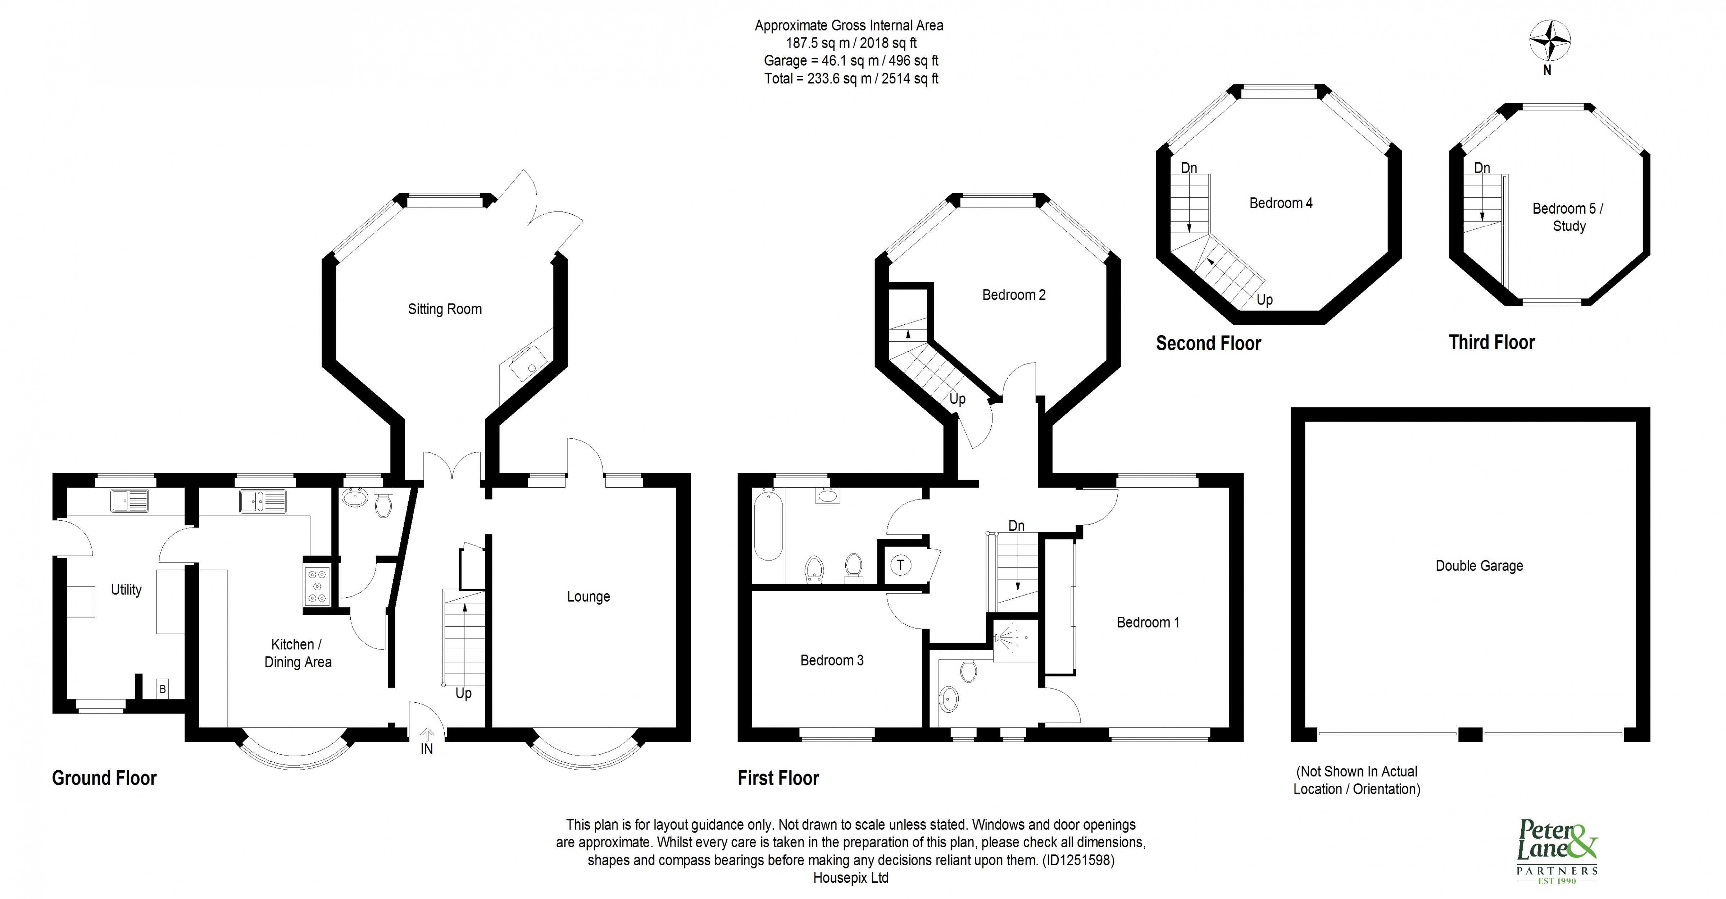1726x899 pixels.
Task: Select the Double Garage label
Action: click(1479, 566)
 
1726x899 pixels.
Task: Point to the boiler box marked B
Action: click(162, 689)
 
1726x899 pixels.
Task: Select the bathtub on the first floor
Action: click(768, 525)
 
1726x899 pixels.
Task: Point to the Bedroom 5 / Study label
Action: click(1568, 217)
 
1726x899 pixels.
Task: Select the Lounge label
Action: click(588, 597)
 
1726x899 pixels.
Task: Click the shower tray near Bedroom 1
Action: click(1014, 640)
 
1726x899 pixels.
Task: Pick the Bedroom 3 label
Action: click(831, 661)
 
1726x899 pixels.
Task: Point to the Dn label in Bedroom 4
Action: click(1189, 168)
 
